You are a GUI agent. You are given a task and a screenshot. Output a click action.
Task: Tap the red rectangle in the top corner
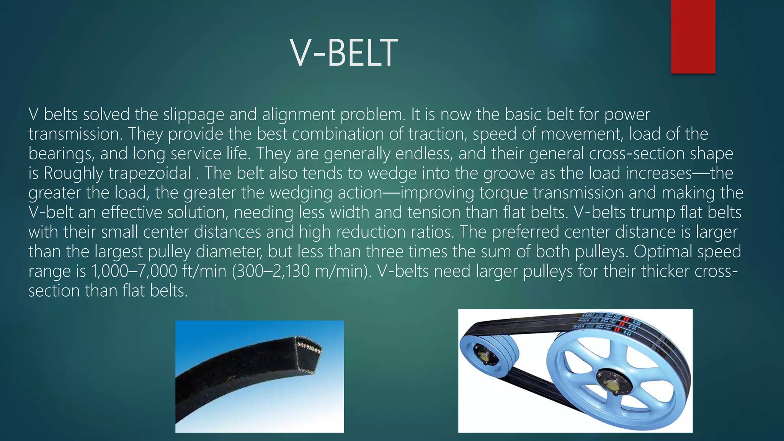click(x=693, y=36)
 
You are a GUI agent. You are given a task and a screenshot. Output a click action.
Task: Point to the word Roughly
click(x=73, y=173)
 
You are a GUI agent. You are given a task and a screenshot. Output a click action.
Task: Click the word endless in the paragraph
click(x=424, y=154)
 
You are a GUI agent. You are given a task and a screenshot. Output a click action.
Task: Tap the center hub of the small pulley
click(x=483, y=356)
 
